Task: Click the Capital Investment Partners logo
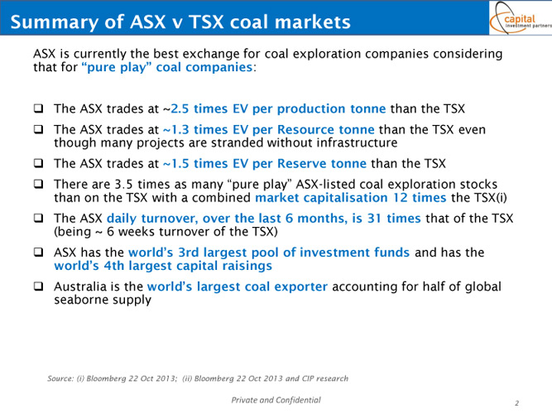pyautogui.click(x=521, y=18)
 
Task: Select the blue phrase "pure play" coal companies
pyautogui.click(x=167, y=67)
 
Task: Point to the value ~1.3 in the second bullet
pyautogui.click(x=176, y=130)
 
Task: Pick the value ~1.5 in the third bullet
pyautogui.click(x=176, y=163)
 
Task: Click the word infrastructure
pyautogui.click(x=357, y=142)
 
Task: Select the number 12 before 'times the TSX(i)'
pyautogui.click(x=401, y=197)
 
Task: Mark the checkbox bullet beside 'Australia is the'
pyautogui.click(x=38, y=286)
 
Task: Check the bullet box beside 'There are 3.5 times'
pyautogui.click(x=38, y=184)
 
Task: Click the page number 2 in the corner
pyautogui.click(x=516, y=403)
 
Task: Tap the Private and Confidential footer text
pyautogui.click(x=276, y=400)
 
